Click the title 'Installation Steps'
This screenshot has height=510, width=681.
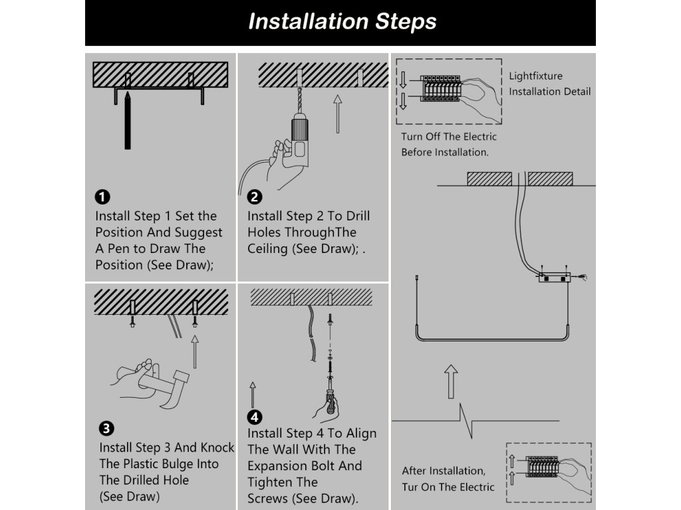coord(342,22)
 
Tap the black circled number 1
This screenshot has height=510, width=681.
coord(102,197)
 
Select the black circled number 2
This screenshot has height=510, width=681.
coord(254,197)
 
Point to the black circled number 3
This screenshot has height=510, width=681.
coord(105,428)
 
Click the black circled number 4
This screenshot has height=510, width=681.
coord(254,416)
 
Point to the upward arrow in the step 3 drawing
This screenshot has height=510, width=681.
coord(195,352)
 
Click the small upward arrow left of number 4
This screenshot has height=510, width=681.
coord(253,394)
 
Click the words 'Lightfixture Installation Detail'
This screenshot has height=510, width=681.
coord(549,84)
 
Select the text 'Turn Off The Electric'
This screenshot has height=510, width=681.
coord(448,137)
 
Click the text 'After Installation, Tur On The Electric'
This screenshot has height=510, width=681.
coord(448,479)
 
